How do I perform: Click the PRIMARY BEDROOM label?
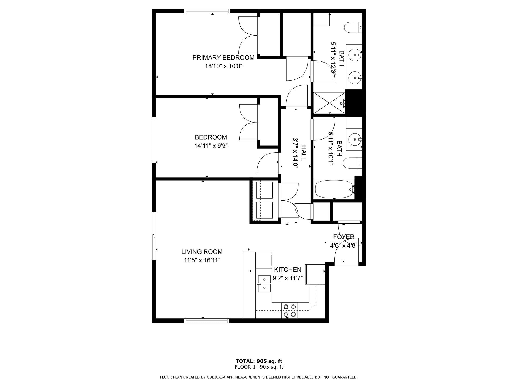coord(223,58)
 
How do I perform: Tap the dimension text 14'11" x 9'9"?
coord(211,146)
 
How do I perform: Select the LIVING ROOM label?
coord(202,252)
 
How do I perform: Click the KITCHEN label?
coord(287,269)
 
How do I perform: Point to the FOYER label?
coord(343,237)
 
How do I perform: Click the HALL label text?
coord(304,153)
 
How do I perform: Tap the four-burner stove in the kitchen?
coord(290,310)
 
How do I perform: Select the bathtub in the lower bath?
coord(334,189)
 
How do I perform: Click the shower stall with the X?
coord(329,103)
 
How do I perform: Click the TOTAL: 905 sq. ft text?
coord(259,361)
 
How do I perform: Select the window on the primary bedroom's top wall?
coord(207,11)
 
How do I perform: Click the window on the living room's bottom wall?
coord(207,321)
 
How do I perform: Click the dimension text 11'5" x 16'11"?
coord(202,260)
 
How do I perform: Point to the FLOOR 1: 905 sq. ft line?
coord(259,367)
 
